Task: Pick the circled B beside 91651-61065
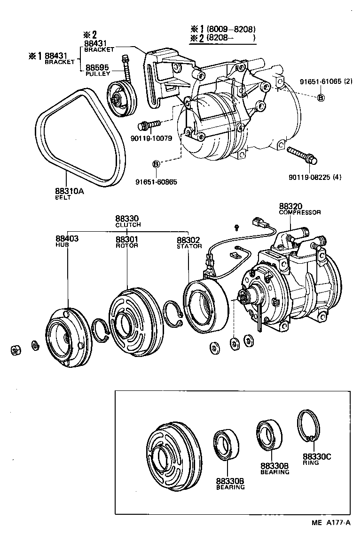[321, 97]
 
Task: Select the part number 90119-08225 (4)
[312, 177]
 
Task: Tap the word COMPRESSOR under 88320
[300, 212]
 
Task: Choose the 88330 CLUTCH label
[128, 221]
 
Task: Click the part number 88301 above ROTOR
[127, 239]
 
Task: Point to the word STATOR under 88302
[189, 246]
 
